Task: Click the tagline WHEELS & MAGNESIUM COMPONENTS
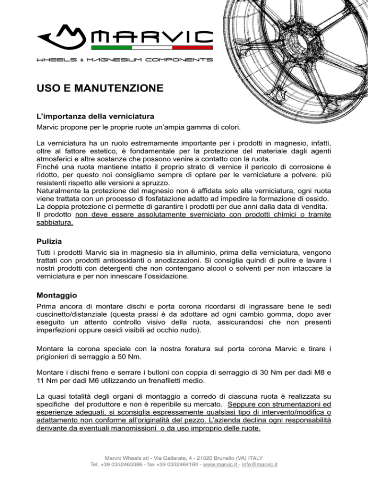(x=125, y=60)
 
